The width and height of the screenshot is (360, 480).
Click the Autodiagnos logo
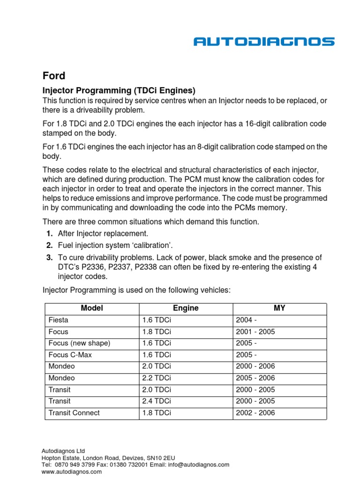pyautogui.click(x=264, y=42)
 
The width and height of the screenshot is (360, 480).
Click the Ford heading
pyautogui.click(x=54, y=75)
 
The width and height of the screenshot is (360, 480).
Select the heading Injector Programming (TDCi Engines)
pyautogui.click(x=119, y=90)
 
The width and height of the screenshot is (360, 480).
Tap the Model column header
pyautogui.click(x=92, y=308)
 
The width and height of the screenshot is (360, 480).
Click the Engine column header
pyautogui.click(x=186, y=308)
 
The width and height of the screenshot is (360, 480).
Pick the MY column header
pyautogui.click(x=279, y=308)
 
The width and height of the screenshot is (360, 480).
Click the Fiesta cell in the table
pyautogui.click(x=58, y=320)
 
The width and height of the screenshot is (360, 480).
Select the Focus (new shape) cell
pyautogui.click(x=79, y=343)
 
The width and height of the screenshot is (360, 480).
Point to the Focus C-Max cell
pyautogui.click(x=70, y=355)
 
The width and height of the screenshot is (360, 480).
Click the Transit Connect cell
pyautogui.click(x=74, y=413)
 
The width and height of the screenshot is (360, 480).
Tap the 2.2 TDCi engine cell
pyautogui.click(x=157, y=378)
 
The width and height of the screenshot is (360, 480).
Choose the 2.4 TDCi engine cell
pyautogui.click(x=157, y=401)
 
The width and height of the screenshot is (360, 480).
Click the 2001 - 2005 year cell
pyautogui.click(x=255, y=331)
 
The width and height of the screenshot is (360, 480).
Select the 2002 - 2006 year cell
pyautogui.click(x=255, y=413)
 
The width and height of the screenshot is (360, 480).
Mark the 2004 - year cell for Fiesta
pyautogui.click(x=247, y=320)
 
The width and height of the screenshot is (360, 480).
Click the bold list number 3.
pyautogui.click(x=49, y=257)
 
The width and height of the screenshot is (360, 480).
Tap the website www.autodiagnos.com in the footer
pyautogui.click(x=72, y=472)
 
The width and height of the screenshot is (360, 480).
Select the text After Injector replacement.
pyautogui.click(x=103, y=233)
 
